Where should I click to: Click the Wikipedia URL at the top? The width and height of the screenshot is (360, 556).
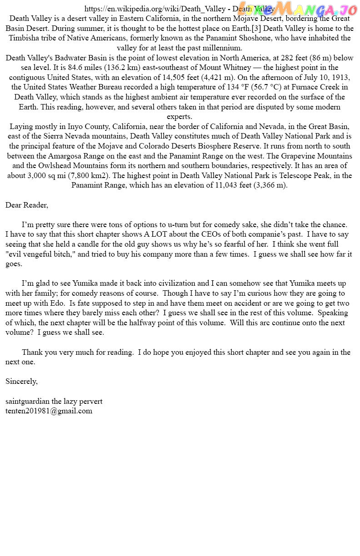pyautogui.click(x=155, y=9)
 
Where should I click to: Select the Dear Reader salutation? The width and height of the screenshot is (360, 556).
pyautogui.click(x=26, y=205)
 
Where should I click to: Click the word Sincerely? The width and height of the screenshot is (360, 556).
pyautogui.click(x=21, y=382)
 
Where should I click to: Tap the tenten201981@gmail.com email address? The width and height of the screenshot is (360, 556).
pyautogui.click(x=49, y=411)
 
